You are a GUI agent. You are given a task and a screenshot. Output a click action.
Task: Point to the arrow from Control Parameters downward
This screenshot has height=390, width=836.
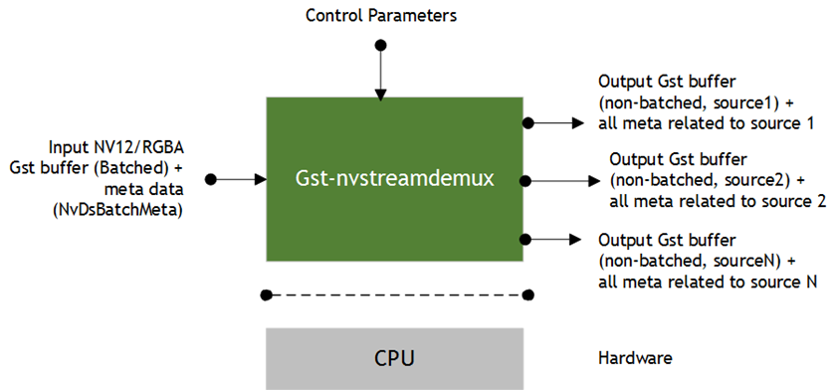[x=379, y=72]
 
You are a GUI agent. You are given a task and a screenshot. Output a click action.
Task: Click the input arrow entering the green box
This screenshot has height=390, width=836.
[x=239, y=179]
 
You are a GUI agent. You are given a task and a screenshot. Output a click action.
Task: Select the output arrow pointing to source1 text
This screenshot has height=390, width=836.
[x=557, y=122]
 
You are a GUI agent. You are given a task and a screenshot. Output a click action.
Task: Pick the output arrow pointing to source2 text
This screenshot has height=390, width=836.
[x=563, y=180]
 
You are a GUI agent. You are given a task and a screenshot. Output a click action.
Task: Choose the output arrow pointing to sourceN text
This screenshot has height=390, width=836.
[x=557, y=239]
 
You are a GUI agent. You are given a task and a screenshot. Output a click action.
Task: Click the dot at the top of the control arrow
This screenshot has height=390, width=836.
[x=379, y=45]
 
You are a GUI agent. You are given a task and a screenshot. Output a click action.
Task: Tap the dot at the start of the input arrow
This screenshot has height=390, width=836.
[x=211, y=179]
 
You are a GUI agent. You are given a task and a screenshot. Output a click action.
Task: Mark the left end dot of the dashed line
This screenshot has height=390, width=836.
[x=265, y=294]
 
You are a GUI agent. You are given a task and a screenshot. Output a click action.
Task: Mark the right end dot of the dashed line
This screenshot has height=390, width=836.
[x=528, y=294]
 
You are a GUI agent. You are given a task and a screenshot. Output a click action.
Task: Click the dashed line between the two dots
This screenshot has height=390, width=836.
[x=396, y=294]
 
